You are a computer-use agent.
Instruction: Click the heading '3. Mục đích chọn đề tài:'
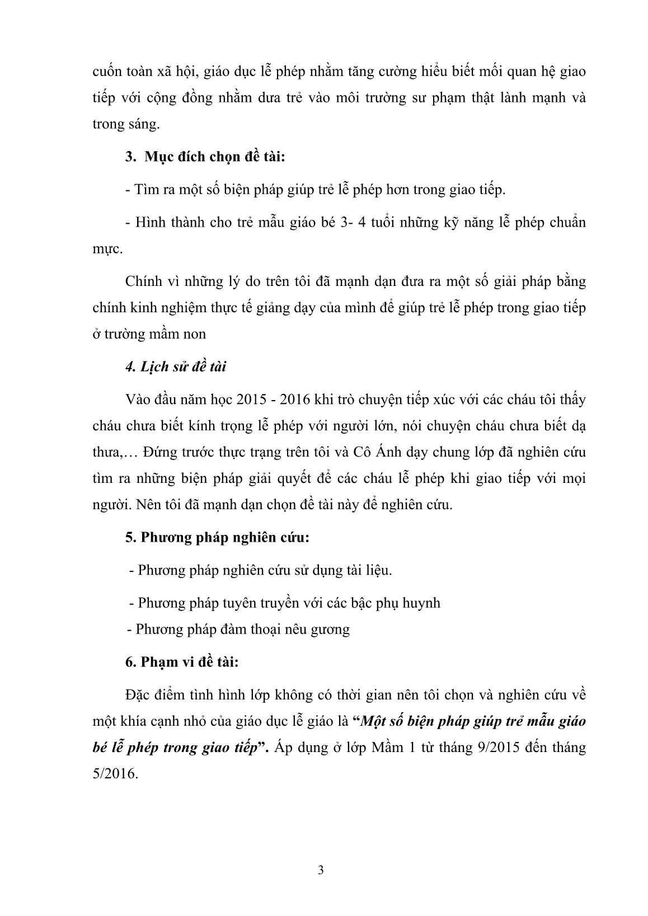coord(205,157)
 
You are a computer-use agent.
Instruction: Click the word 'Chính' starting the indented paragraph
coord(143,281)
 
